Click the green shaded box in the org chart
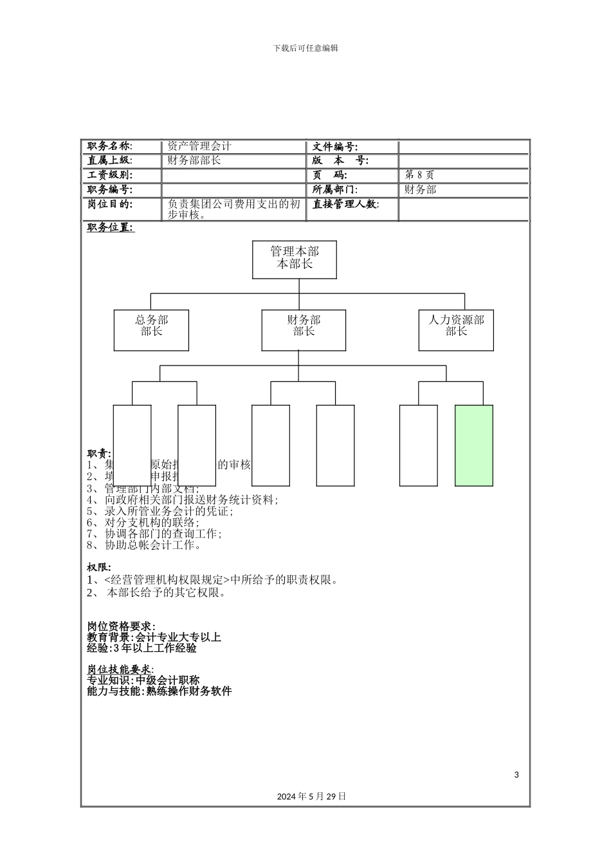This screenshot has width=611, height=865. pos(474,445)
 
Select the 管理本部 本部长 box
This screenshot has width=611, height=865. pos(295,259)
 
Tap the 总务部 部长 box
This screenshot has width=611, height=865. pos(151,330)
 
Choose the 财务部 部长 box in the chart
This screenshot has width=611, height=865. pos(304,330)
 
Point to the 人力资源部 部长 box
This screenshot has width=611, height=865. pos(456,330)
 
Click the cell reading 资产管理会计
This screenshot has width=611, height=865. pos(199,147)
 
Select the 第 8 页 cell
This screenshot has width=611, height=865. pos(419,175)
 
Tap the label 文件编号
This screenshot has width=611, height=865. pos(335,147)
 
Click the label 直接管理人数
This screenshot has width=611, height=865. pos(345,205)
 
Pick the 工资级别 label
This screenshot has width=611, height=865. pos(110,175)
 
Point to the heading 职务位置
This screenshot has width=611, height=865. pos(111,227)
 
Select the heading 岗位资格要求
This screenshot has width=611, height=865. pos(121,626)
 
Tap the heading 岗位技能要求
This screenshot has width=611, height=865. pos(120,669)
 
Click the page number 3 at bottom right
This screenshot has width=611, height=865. pos(516,774)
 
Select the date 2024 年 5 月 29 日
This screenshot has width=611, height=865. pos(312,796)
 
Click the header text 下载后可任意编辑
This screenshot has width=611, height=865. pos(305,48)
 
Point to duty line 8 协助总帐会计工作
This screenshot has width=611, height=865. pos(145,545)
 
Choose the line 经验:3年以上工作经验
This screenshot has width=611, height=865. pos(141,648)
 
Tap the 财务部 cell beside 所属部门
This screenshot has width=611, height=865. pos(420,190)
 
